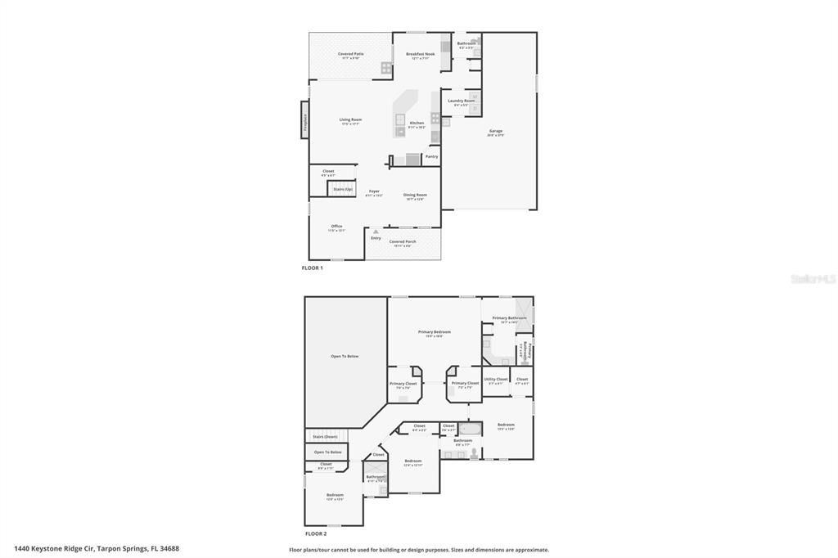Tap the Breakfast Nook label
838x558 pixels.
pyautogui.click(x=421, y=54)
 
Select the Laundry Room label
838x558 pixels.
pyautogui.click(x=461, y=101)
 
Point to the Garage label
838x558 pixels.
pyautogui.click(x=496, y=131)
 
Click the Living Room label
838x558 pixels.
pyautogui.click(x=351, y=119)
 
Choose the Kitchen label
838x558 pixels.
pyautogui.click(x=417, y=123)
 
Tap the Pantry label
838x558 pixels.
pyautogui.click(x=431, y=156)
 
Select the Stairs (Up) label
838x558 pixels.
pyautogui.click(x=343, y=189)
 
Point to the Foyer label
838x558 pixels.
pyautogui.click(x=373, y=191)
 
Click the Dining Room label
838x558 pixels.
pyautogui.click(x=415, y=195)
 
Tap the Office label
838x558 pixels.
pyautogui.click(x=336, y=226)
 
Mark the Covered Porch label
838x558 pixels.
pyautogui.click(x=403, y=241)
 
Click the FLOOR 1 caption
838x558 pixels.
pyautogui.click(x=313, y=268)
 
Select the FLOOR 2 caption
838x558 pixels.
pyautogui.click(x=316, y=533)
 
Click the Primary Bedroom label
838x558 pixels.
pyautogui.click(x=435, y=331)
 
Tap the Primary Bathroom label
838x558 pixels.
pyautogui.click(x=509, y=317)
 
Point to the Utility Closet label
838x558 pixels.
pyautogui.click(x=496, y=379)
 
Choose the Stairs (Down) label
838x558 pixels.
pyautogui.click(x=325, y=436)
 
